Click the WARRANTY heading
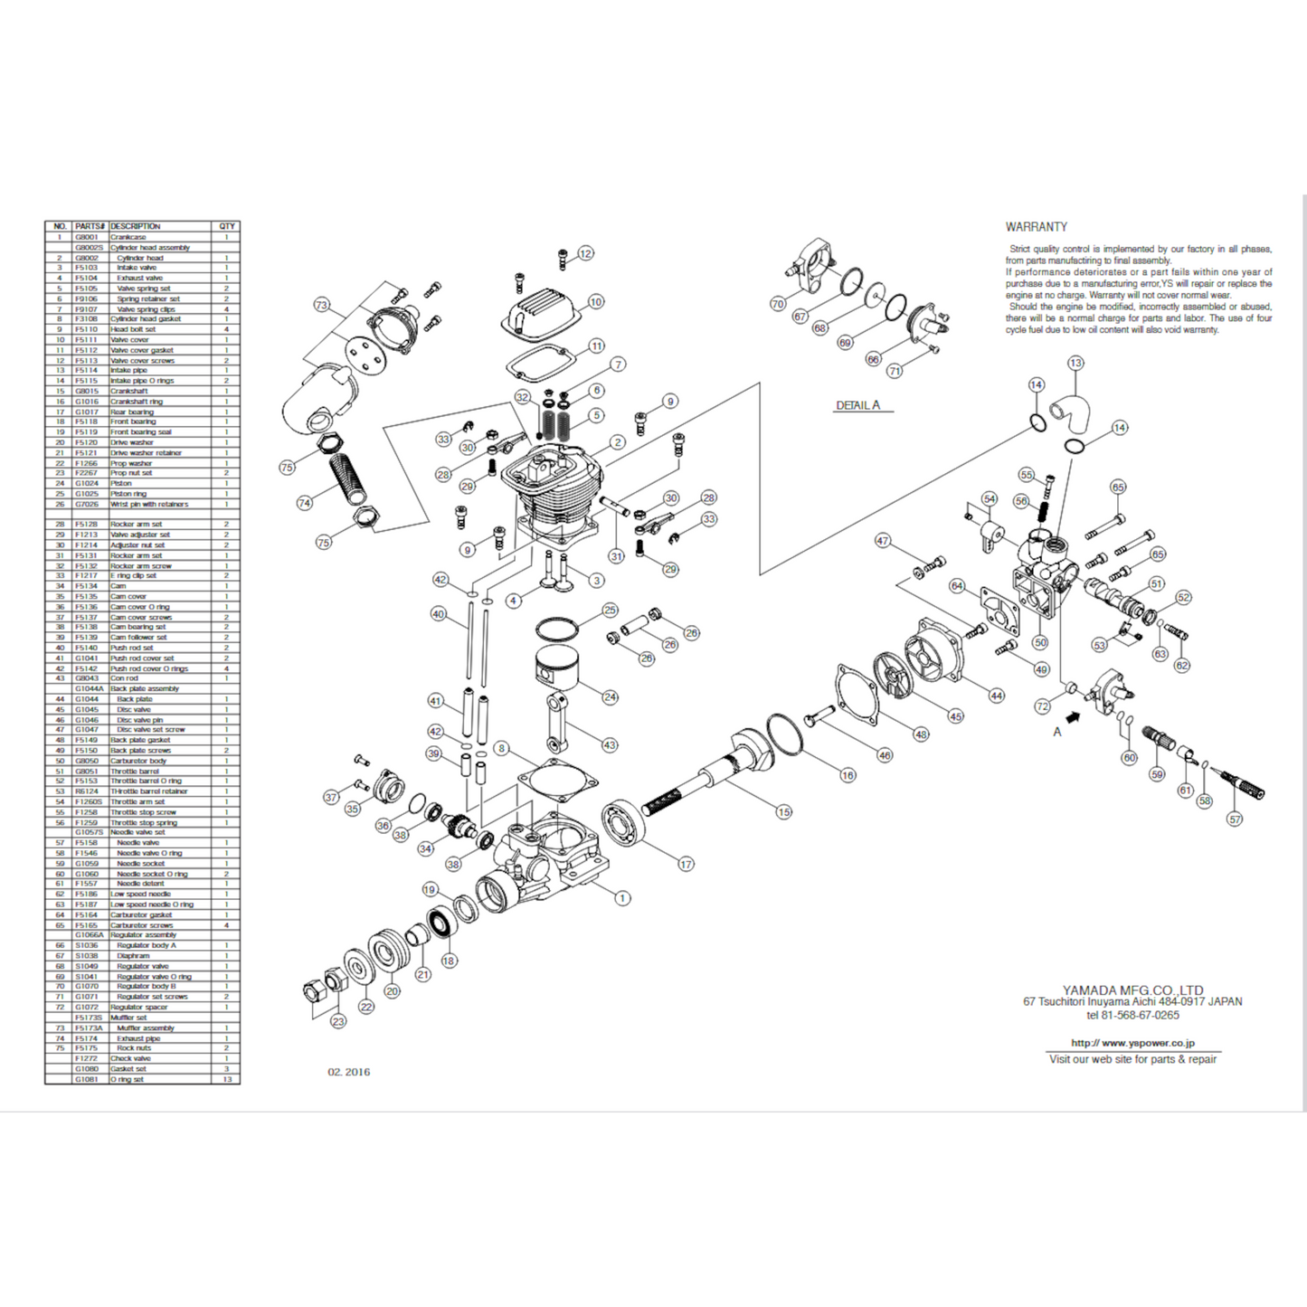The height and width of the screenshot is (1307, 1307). [1036, 227]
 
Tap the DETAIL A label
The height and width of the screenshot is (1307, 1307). [857, 405]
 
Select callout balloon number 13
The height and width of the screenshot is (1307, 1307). [1075, 364]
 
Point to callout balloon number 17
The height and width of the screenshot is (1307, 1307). [686, 864]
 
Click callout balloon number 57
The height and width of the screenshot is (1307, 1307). [1235, 819]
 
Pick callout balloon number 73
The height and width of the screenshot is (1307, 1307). [321, 305]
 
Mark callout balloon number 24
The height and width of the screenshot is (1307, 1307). [610, 696]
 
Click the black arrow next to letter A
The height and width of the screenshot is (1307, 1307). [1074, 715]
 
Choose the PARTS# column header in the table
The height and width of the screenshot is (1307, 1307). [90, 226]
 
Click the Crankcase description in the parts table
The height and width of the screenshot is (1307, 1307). [128, 237]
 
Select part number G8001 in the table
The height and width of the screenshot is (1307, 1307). [87, 237]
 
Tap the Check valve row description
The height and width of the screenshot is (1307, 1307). [130, 1058]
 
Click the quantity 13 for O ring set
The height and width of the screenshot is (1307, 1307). [227, 1079]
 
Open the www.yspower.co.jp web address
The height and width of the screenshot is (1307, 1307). [1132, 1043]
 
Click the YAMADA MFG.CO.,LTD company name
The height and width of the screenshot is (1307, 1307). [1132, 990]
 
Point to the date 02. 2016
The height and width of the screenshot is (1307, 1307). [348, 1072]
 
